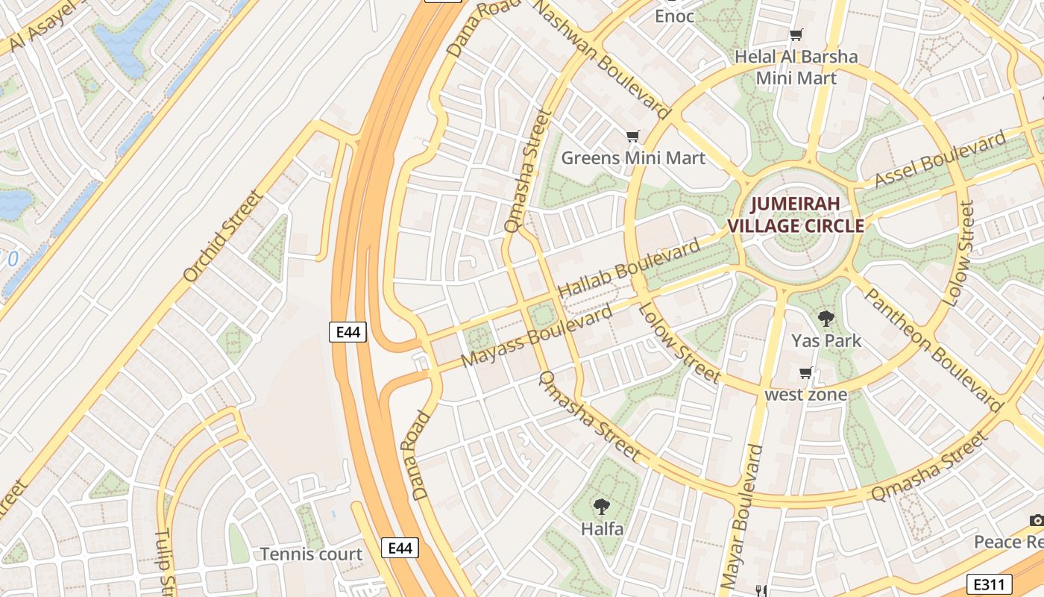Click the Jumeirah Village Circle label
tap(795, 215)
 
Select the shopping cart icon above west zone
tap(805, 373)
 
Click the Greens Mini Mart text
tap(632, 157)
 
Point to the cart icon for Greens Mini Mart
tap(632, 136)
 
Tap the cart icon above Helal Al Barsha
tap(796, 34)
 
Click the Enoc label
tap(674, 16)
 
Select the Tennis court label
tap(311, 554)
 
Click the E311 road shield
tap(989, 584)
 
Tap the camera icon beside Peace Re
tap(1037, 520)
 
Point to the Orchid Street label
tap(223, 236)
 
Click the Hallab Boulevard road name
tap(629, 268)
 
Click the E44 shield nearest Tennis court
tap(400, 548)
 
